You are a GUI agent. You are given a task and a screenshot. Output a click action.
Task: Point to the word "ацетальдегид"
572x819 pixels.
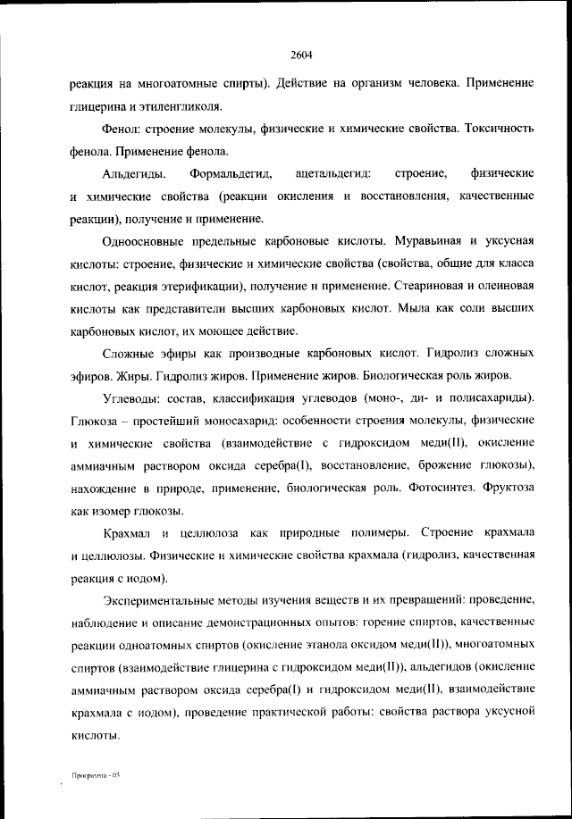pyautogui.click(x=338, y=172)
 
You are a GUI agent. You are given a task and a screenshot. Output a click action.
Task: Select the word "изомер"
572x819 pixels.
pyautogui.click(x=111, y=512)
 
